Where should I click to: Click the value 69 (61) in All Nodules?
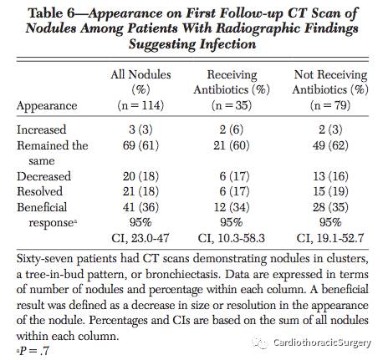[x=140, y=145]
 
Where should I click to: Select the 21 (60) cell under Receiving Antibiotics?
[x=232, y=145]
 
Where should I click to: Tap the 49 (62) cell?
[x=330, y=145]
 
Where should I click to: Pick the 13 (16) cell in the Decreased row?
[x=330, y=176]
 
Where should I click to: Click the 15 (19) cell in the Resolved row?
[x=330, y=191]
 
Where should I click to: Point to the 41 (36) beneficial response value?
[x=140, y=207]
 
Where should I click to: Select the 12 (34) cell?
[x=232, y=207]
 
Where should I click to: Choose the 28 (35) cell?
[x=330, y=207]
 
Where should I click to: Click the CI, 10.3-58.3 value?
[x=232, y=238]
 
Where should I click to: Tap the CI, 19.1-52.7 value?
[x=330, y=238]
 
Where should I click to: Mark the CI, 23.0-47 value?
[x=140, y=238]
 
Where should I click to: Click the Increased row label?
[x=42, y=129]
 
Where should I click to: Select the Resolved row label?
[x=39, y=191]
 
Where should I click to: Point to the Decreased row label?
[x=43, y=176]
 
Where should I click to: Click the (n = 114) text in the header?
[x=140, y=105]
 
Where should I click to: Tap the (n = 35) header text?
[x=232, y=105]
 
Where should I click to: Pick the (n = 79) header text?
[x=330, y=105]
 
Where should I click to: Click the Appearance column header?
[x=47, y=106]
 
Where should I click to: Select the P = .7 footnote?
[x=33, y=351]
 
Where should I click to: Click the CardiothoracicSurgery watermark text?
[x=322, y=342]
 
